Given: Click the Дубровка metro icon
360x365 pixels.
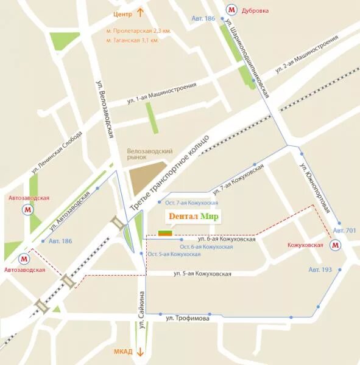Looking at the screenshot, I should [231, 10].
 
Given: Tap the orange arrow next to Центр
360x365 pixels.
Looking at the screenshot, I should [139, 13].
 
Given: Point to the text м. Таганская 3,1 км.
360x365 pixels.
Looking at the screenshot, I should [132, 40].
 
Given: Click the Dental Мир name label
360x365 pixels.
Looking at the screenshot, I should [193, 217].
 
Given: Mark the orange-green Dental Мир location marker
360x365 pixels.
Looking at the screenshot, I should [165, 232].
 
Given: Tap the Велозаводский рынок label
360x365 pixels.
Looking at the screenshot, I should [150, 154].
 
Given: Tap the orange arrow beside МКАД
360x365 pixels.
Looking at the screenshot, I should [139, 352].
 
